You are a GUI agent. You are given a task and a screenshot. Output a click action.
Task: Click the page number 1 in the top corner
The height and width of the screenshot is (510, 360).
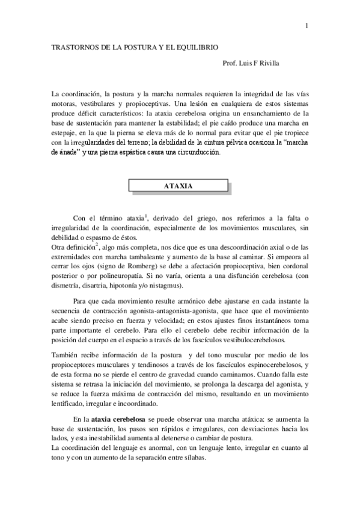[307, 25]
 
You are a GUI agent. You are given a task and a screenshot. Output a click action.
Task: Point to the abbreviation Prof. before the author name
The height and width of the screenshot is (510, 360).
[230, 63]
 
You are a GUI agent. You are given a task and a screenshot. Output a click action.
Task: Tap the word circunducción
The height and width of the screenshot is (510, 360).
[198, 152]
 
